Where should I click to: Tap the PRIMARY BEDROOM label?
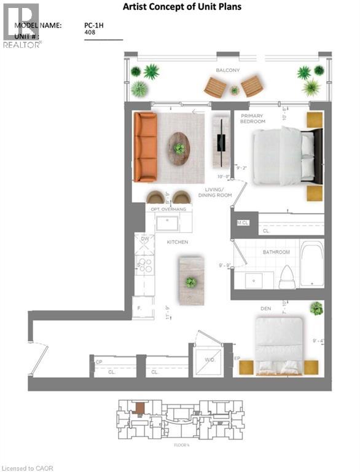coord(252,119)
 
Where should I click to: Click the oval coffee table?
coord(179,148)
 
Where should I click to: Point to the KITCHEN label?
coord(178,242)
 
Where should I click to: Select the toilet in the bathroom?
coord(286,277)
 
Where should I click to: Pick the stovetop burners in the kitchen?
coord(145,265)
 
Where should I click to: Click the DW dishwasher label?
coord(145,239)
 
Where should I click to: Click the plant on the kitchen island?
coord(191,282)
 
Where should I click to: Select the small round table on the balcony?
coord(234,90)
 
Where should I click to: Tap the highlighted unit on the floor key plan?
coord(141,407)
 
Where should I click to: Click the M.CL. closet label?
coord(242,223)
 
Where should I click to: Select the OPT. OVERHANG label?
coord(168,210)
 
